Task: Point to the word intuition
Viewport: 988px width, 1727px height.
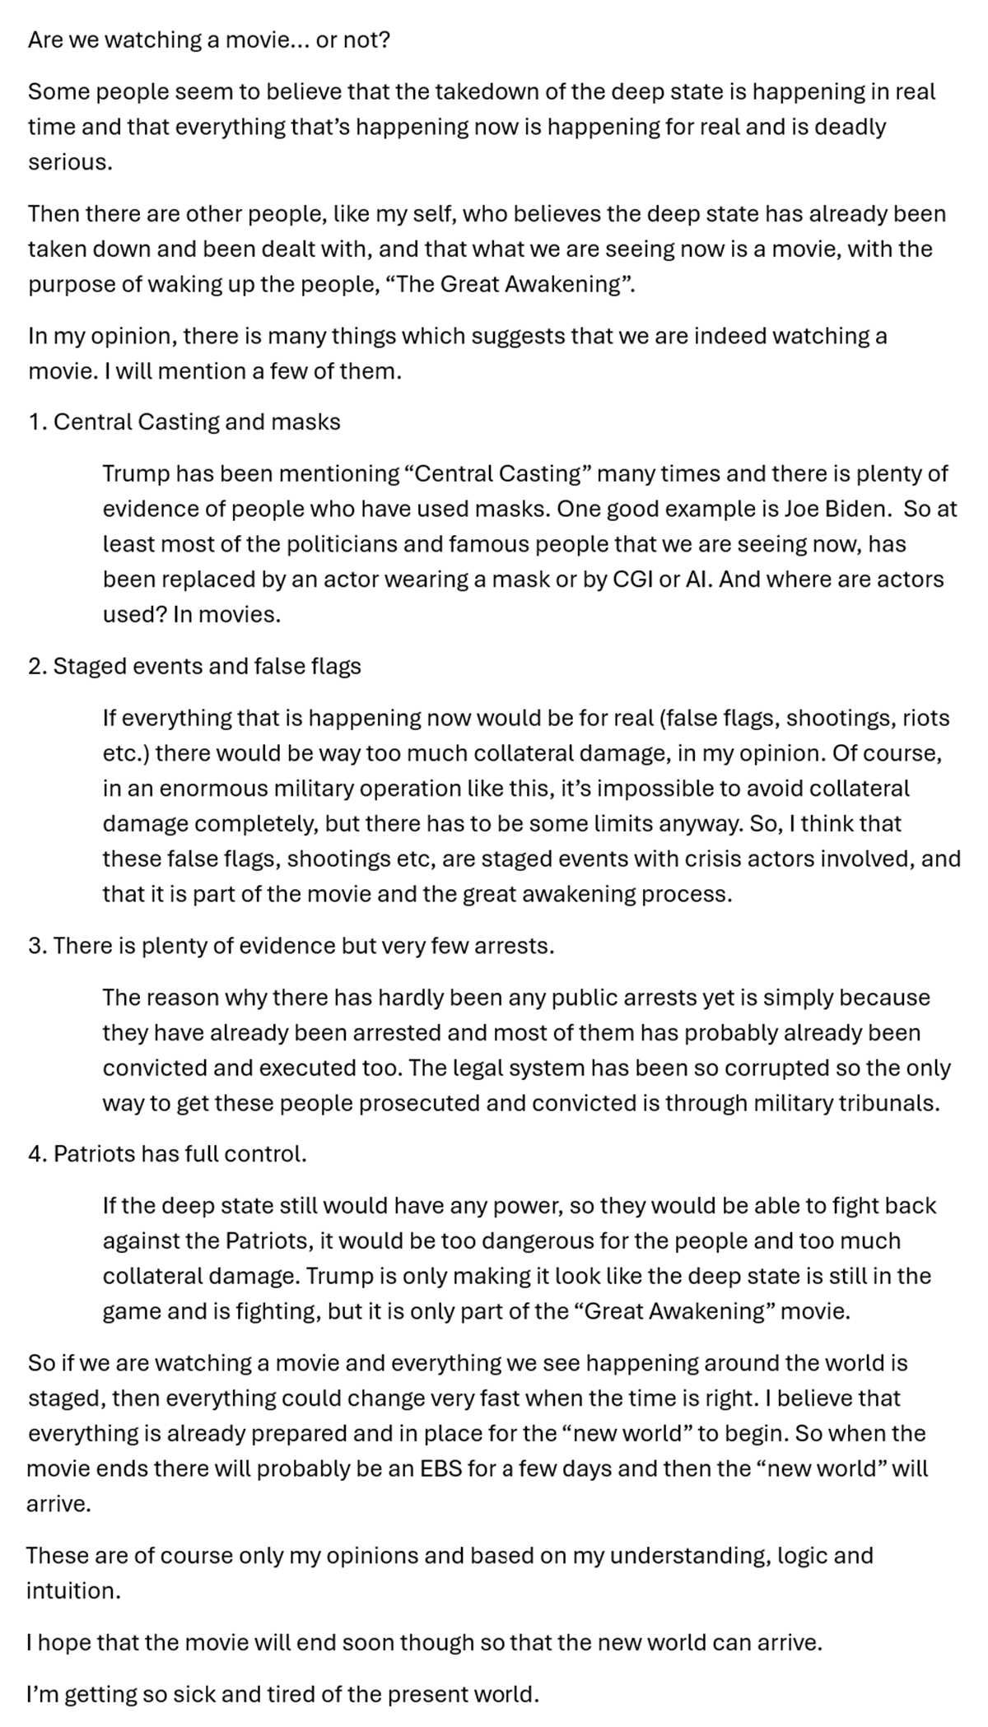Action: (72, 1591)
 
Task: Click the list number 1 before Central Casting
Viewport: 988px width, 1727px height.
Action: (35, 422)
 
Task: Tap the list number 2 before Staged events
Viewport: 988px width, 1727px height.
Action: (35, 666)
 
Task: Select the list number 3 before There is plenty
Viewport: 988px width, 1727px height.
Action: (35, 946)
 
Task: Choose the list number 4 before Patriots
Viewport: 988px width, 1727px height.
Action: (35, 1154)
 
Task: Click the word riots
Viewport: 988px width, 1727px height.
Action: (926, 718)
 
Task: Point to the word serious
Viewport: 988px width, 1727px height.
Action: (68, 162)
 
